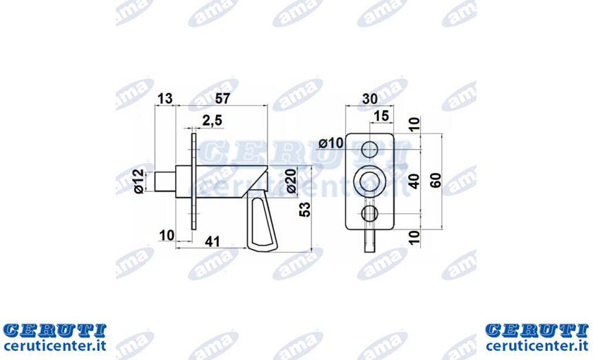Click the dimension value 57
click(x=222, y=98)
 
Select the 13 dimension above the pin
click(x=165, y=99)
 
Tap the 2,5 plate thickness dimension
click(x=212, y=121)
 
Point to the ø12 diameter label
click(x=139, y=181)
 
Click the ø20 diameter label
click(x=291, y=181)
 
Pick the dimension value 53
click(x=305, y=210)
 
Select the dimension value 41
click(x=212, y=241)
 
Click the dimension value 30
click(x=370, y=99)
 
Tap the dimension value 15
click(x=381, y=116)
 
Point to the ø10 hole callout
click(x=331, y=143)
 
